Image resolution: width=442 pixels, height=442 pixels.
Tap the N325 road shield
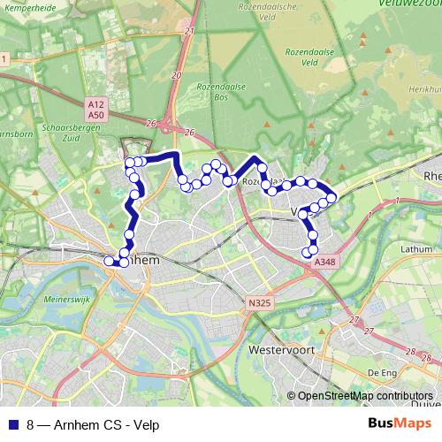259,303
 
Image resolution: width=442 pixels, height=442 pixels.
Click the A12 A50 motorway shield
96,109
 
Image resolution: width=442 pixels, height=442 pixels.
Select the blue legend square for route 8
11,423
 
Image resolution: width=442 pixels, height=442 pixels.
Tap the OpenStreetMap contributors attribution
365,396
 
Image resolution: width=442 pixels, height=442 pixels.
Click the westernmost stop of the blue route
109,261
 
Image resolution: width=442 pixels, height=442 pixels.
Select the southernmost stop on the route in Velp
308,253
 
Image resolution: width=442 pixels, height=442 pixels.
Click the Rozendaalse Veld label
301,57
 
